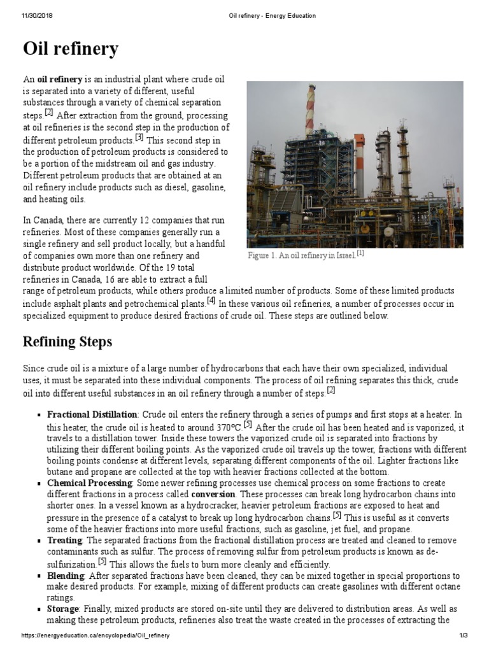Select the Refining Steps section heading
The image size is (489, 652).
67,342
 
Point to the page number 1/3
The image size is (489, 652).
463,636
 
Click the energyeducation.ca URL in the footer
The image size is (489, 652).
96,636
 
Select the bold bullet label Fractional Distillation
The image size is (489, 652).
92,414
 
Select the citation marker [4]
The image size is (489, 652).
211,301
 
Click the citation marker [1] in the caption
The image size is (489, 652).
360,253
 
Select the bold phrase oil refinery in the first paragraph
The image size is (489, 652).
60,80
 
